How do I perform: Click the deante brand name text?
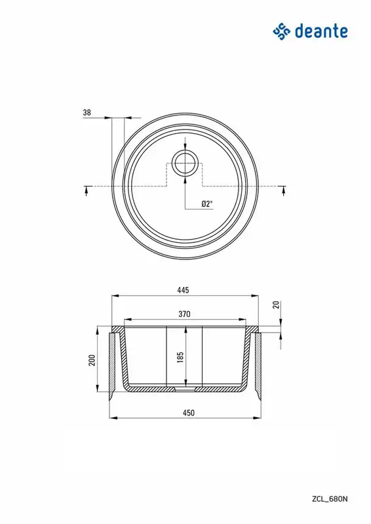tap(321, 31)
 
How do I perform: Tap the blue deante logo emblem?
tap(281, 31)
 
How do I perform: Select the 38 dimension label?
tap(87, 112)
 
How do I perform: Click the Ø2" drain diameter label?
tap(207, 204)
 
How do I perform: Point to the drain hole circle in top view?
tap(185, 163)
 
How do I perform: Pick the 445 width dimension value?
tap(183, 290)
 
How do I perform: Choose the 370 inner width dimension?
tap(184, 314)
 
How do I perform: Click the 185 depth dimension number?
tap(181, 357)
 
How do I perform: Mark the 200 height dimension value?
tap(92, 360)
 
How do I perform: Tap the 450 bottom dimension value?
tap(189, 413)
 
